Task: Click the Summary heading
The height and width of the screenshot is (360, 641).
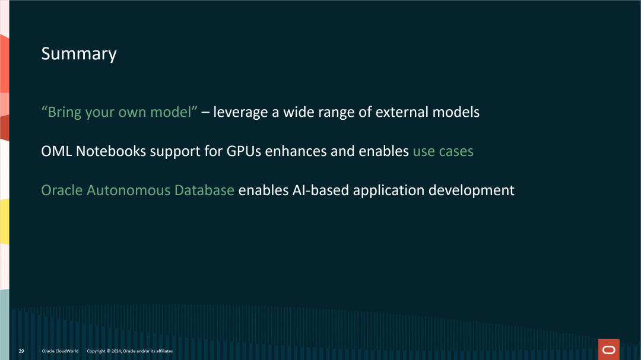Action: [78, 54]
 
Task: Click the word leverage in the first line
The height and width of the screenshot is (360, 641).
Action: [240, 112]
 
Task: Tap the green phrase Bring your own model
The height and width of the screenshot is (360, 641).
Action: [119, 112]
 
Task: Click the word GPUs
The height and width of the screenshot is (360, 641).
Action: [244, 151]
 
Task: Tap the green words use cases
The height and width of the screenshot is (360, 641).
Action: [443, 151]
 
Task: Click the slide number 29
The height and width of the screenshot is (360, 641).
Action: [21, 351]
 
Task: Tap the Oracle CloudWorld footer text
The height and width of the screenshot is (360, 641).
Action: [60, 351]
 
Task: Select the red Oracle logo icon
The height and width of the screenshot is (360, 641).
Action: [608, 350]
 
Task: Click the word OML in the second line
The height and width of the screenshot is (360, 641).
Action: [56, 151]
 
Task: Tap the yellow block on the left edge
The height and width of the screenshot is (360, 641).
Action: [4, 221]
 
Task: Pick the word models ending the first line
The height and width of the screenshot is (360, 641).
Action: [457, 112]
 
